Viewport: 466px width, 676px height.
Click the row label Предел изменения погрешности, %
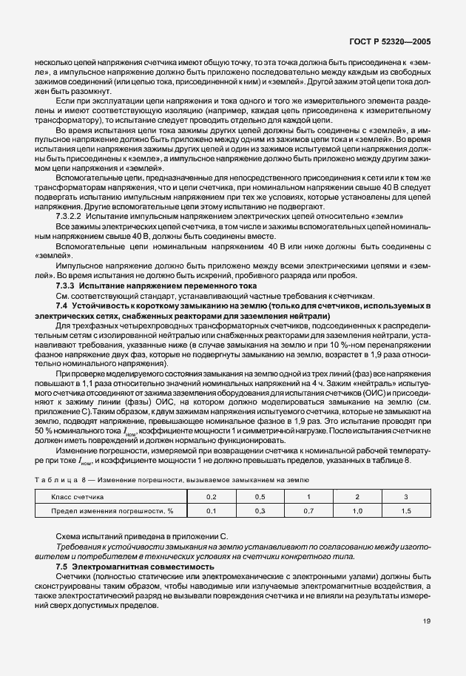pos(112,510)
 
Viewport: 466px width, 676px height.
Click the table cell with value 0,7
pos(308,510)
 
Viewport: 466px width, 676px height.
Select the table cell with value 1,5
pos(405,510)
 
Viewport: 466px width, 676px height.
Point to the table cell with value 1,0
pos(357,510)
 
